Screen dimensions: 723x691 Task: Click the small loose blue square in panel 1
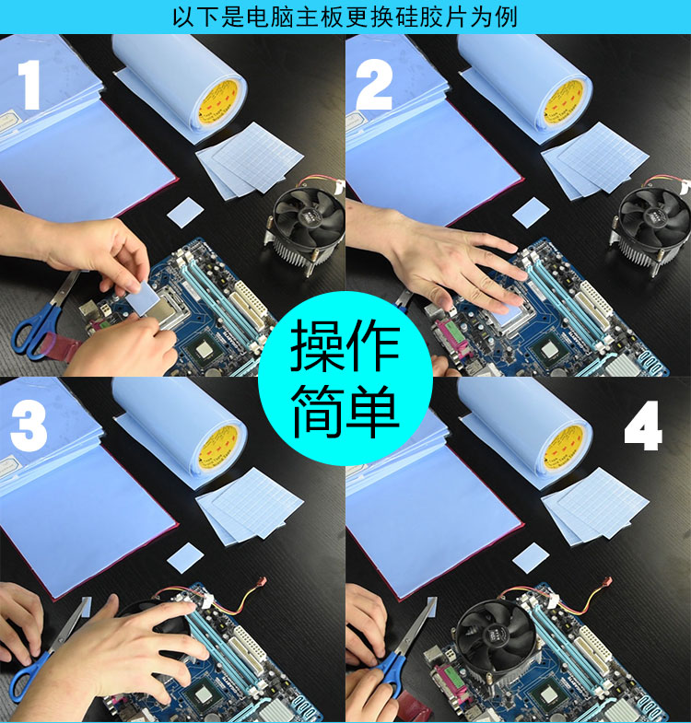pos(186,211)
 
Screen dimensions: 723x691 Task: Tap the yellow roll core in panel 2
pos(562,99)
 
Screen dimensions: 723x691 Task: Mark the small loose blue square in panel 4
pos(531,556)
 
